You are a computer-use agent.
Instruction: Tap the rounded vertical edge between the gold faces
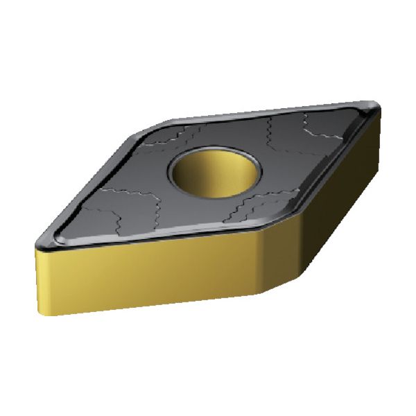point(264,263)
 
